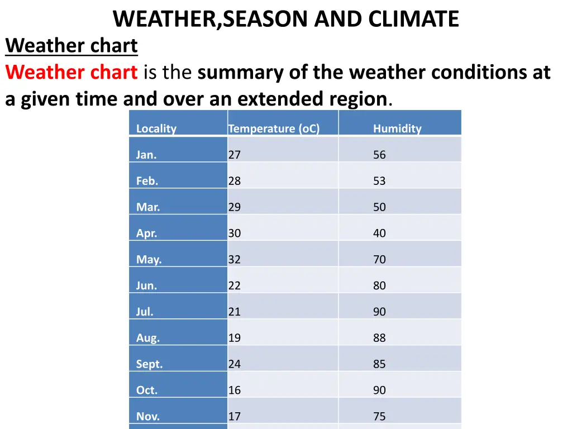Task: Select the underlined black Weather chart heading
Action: tap(71, 45)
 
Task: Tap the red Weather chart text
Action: tap(71, 72)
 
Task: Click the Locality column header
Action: tap(156, 128)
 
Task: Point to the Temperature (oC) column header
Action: tap(274, 128)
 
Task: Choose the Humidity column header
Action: tap(397, 128)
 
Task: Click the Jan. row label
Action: tap(146, 155)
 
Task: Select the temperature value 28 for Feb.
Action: tap(234, 181)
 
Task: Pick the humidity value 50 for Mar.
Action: tap(379, 207)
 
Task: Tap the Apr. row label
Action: tap(146, 233)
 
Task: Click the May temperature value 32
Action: tap(234, 260)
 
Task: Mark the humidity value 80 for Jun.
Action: tap(379, 285)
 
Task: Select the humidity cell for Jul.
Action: tap(379, 312)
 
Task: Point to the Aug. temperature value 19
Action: tap(234, 338)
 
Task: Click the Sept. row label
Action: tap(149, 364)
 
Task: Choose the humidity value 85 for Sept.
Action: tap(379, 364)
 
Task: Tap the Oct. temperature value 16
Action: tap(234, 390)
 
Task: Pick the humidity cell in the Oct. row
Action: tap(379, 390)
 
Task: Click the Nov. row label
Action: tap(147, 416)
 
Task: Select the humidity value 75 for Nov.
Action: tap(379, 416)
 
